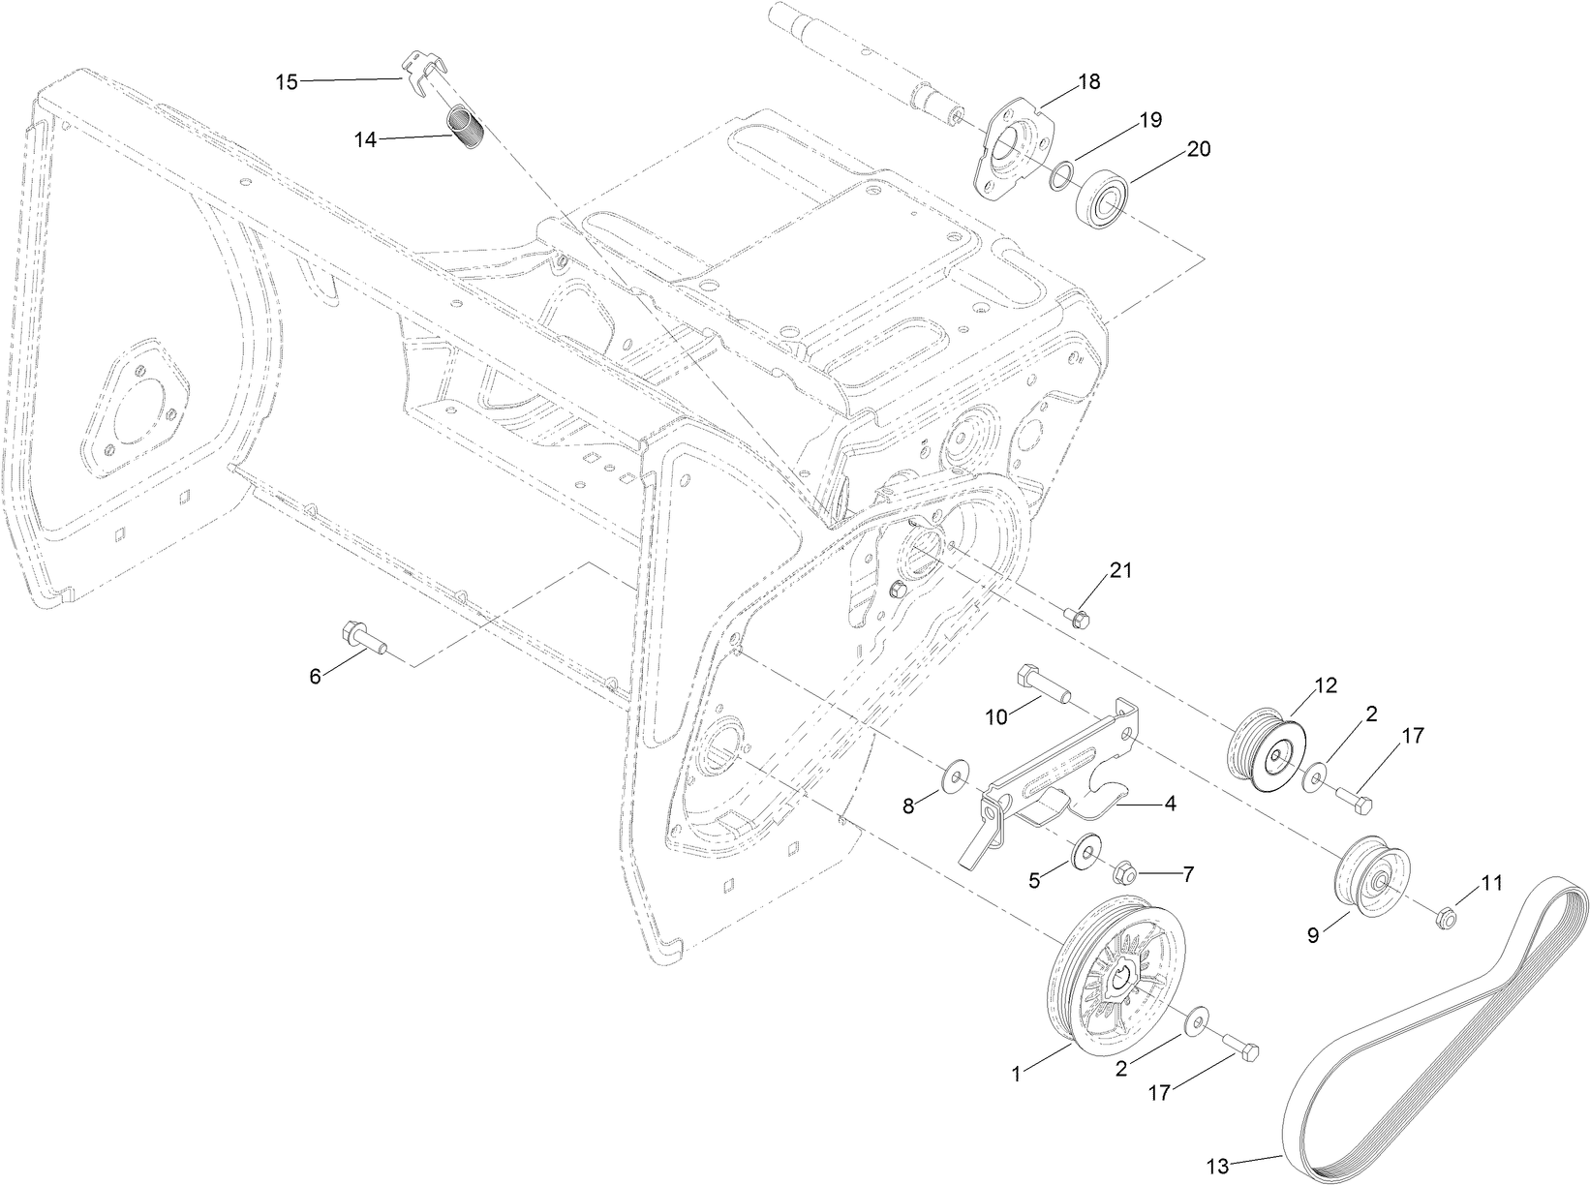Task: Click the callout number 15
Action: (x=287, y=81)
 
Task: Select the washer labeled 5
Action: (x=1085, y=852)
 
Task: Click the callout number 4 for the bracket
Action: (x=1170, y=803)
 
